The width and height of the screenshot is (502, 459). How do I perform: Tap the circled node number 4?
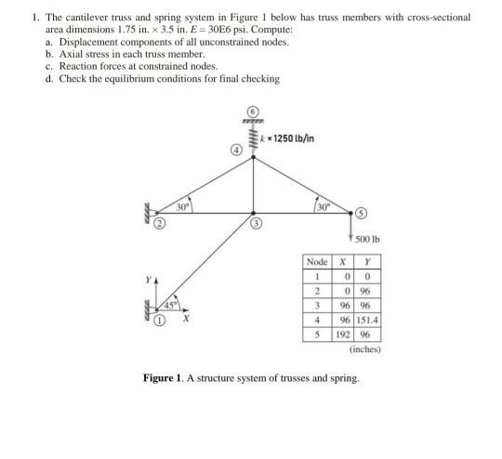[236, 149]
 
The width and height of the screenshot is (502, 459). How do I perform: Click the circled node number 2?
[159, 223]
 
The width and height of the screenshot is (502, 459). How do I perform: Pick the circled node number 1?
[159, 322]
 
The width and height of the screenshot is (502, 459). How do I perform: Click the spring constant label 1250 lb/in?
[290, 138]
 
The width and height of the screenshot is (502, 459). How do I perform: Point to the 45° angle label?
[172, 304]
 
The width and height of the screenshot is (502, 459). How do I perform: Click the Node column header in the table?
[318, 262]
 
